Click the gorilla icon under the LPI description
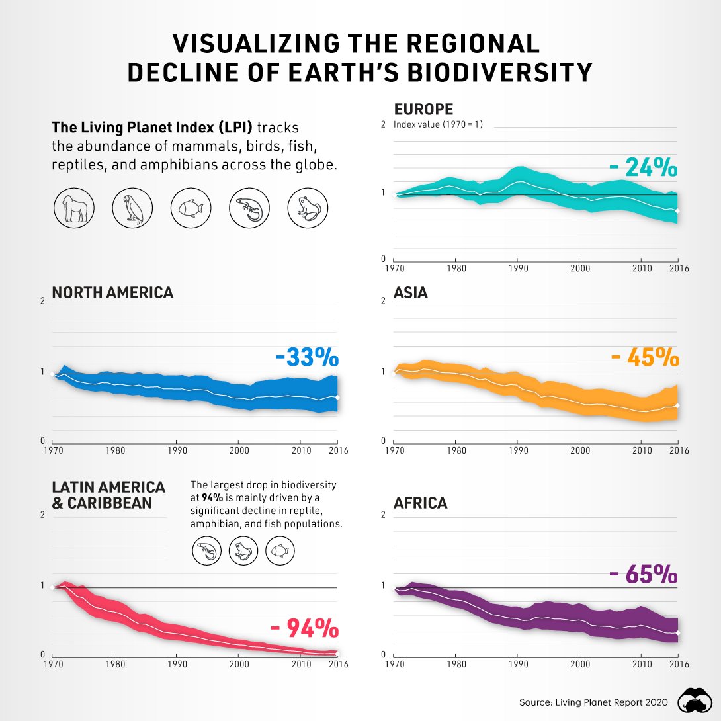pyautogui.click(x=72, y=208)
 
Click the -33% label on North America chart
pyautogui.click(x=307, y=358)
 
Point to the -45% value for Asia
pyautogui.click(x=644, y=358)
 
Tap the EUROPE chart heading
pyautogui.click(x=423, y=110)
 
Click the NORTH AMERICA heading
pyautogui.click(x=112, y=292)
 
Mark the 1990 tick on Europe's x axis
pyautogui.click(x=517, y=269)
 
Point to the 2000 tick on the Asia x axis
pyautogui.click(x=579, y=450)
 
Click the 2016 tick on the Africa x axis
pyautogui.click(x=678, y=664)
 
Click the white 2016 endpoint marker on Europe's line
pyautogui.click(x=677, y=210)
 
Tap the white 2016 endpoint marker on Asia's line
pyautogui.click(x=677, y=405)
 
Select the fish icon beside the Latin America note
pyautogui.click(x=279, y=550)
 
